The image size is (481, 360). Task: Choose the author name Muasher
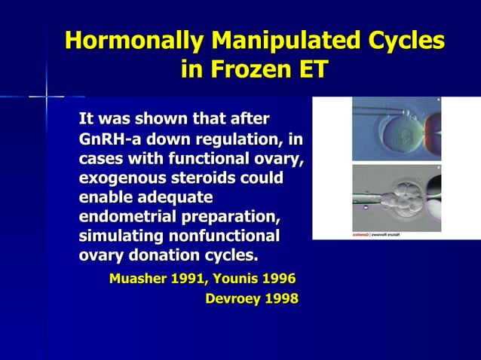[140, 279]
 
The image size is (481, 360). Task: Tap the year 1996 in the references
[280, 279]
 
